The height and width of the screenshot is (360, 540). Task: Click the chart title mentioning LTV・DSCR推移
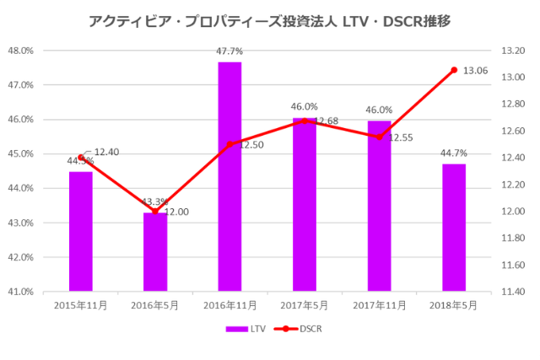pyautogui.click(x=269, y=20)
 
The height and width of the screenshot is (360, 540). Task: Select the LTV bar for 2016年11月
pyautogui.click(x=229, y=176)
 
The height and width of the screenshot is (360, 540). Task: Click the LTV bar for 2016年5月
pyautogui.click(x=155, y=252)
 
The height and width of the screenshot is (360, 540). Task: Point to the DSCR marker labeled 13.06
pyautogui.click(x=454, y=70)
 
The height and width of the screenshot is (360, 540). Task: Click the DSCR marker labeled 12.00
pyautogui.click(x=155, y=212)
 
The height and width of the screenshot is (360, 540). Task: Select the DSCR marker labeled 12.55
pyautogui.click(x=380, y=137)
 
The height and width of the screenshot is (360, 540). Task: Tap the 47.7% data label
pyautogui.click(x=229, y=52)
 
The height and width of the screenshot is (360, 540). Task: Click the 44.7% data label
pyautogui.click(x=454, y=153)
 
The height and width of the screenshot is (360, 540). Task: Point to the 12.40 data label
pyautogui.click(x=106, y=152)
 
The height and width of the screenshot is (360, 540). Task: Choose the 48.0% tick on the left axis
pyautogui.click(x=19, y=51)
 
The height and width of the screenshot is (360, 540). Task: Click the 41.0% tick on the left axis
pyautogui.click(x=19, y=292)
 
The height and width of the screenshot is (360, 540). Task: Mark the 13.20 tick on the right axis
pyautogui.click(x=513, y=51)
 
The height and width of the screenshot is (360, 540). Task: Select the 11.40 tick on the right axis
pyautogui.click(x=513, y=292)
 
